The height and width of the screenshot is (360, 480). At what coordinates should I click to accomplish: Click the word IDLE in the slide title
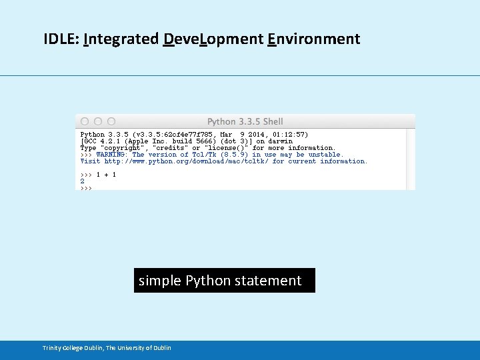point(61,39)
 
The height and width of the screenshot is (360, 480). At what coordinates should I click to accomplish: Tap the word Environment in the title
point(313,39)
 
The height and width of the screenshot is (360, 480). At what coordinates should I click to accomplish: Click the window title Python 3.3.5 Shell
point(245,121)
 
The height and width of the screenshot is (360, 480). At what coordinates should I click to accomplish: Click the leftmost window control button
point(85,121)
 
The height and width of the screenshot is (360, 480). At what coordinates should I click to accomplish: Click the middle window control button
point(98,121)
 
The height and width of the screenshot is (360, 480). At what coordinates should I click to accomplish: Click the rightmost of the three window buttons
point(111,121)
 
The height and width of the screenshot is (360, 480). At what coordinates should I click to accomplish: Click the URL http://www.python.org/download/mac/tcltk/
point(187,161)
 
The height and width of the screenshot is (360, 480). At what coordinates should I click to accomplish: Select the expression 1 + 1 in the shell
point(106,175)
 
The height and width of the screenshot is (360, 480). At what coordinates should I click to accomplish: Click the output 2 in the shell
point(83,181)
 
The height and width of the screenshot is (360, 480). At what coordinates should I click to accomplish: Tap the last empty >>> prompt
point(86,188)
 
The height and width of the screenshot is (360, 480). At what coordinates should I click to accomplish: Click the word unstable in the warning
point(325,155)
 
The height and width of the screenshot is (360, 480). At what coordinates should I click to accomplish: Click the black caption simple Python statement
point(220,281)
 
